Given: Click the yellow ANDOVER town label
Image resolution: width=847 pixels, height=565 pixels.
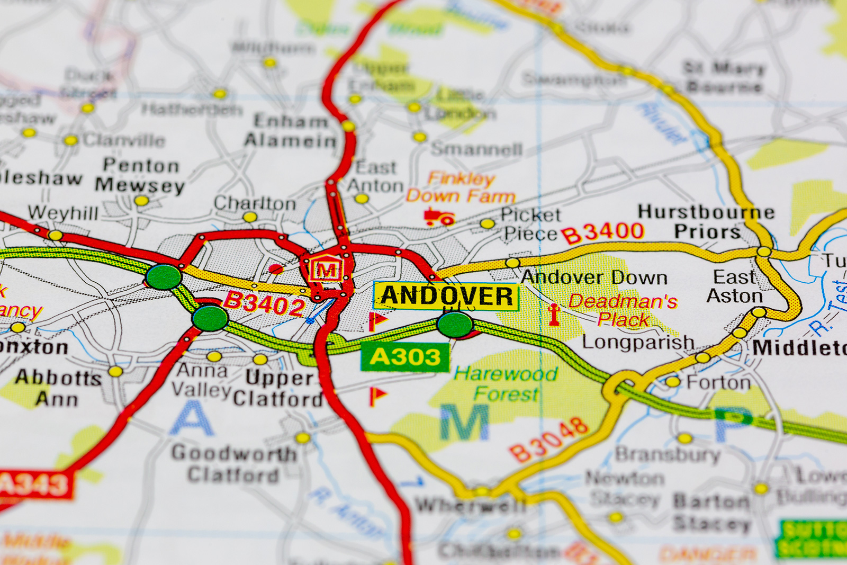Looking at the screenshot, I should click(x=446, y=295).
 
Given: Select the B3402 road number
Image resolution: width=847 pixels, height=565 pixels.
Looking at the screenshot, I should click(x=264, y=303).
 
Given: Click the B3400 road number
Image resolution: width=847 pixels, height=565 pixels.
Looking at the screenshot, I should click(x=602, y=233).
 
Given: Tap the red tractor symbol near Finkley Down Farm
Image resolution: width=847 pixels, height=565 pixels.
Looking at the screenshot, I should click(x=439, y=217).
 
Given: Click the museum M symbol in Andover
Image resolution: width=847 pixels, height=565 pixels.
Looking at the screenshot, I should click(x=326, y=270).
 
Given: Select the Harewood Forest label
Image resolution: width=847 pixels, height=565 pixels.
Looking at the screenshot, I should click(x=506, y=383).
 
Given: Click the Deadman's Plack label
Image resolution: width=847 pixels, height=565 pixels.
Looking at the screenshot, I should click(x=623, y=310).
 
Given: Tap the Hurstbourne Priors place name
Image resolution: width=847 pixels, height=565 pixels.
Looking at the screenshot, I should click(x=706, y=222).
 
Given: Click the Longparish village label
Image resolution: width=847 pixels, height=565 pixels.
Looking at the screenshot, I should click(x=638, y=342).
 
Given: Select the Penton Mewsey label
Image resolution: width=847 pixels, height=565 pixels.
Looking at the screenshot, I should click(x=140, y=175).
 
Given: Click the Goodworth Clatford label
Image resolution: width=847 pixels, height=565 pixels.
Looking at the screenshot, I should click(x=233, y=463).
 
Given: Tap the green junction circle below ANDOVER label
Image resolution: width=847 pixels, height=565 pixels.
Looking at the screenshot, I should click(x=455, y=325).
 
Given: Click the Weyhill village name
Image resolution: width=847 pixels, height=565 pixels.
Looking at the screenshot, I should click(x=63, y=213).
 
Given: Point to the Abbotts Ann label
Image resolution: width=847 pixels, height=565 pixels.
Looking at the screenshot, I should click(x=57, y=388).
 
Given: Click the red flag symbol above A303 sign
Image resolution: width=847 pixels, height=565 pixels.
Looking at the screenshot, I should click(x=377, y=320).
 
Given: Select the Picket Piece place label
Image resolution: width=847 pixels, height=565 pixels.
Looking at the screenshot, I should click(x=530, y=223).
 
